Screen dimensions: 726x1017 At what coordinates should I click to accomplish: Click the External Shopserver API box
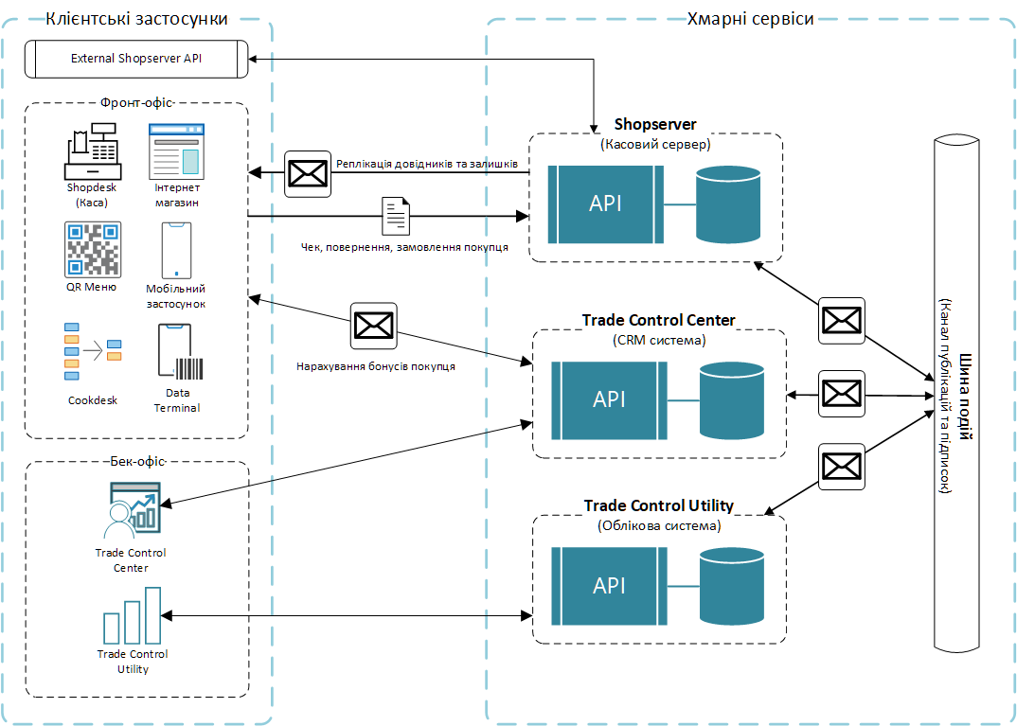point(136,59)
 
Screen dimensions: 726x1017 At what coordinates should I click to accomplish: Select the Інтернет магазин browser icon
point(177,150)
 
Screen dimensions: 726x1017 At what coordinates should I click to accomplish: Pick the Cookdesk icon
point(92,354)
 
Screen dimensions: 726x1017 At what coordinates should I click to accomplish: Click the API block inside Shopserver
point(606,204)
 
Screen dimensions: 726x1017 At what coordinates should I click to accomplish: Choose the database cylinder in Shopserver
point(727,203)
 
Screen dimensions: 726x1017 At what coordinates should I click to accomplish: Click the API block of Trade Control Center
point(609,399)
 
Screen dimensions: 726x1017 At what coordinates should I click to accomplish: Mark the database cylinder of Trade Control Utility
point(731,586)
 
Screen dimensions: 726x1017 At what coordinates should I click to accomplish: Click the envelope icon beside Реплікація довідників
point(307,173)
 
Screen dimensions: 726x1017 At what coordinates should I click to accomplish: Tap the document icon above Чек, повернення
point(396,217)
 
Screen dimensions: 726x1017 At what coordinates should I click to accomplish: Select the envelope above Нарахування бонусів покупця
point(373,326)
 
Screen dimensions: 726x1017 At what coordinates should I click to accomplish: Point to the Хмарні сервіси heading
point(749,19)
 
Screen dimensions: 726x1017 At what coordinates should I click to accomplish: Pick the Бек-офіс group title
point(137,462)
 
